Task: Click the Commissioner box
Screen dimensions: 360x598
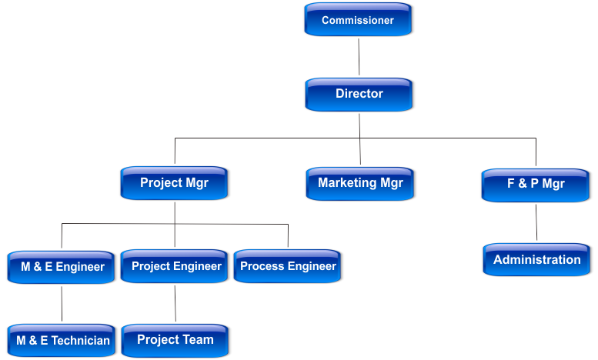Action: coord(359,20)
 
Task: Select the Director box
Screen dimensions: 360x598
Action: coord(359,95)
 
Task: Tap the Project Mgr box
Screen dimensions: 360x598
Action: coord(175,184)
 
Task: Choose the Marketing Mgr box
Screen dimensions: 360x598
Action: coord(360,184)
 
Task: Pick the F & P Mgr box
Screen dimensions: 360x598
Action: coord(536,185)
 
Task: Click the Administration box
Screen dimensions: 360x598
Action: coord(537,260)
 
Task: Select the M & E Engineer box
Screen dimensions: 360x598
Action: coord(62,267)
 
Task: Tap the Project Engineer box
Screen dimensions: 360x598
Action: coord(175,267)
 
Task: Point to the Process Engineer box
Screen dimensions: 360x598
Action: coord(288,267)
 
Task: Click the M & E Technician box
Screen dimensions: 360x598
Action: coord(63,340)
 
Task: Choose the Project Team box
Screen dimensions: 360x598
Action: coord(175,340)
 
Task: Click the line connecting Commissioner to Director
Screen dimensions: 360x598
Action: coord(359,57)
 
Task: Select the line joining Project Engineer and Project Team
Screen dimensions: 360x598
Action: coord(175,303)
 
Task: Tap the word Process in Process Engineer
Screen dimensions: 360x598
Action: coord(262,267)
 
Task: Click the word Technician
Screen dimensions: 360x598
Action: coord(81,340)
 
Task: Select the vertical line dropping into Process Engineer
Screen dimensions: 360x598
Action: coord(288,237)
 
